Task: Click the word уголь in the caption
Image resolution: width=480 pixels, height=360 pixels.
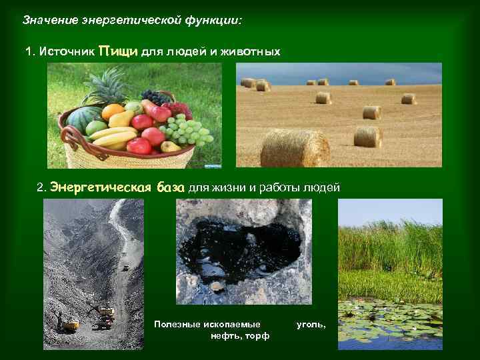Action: pyautogui.click(x=311, y=324)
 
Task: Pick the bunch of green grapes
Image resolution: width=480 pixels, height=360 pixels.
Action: pyautogui.click(x=189, y=131)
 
